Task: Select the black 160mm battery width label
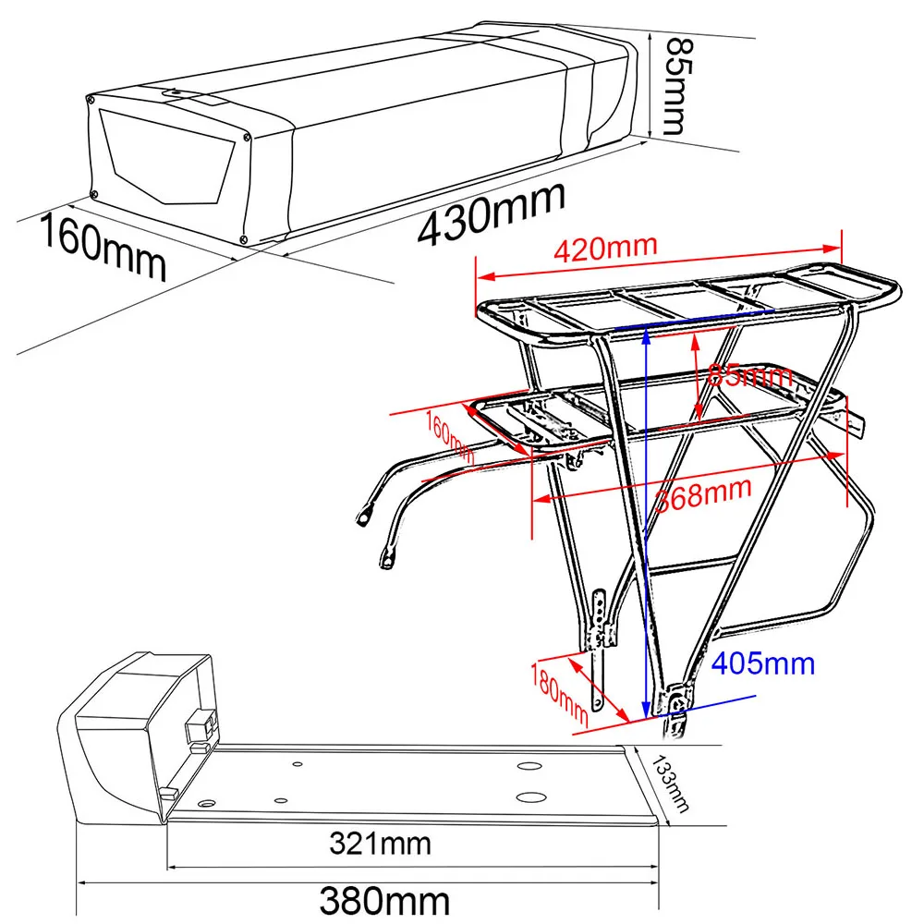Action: (102, 245)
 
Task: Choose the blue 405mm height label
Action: (765, 663)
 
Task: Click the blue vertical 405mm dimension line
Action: (645, 517)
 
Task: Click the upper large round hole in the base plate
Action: (530, 768)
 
